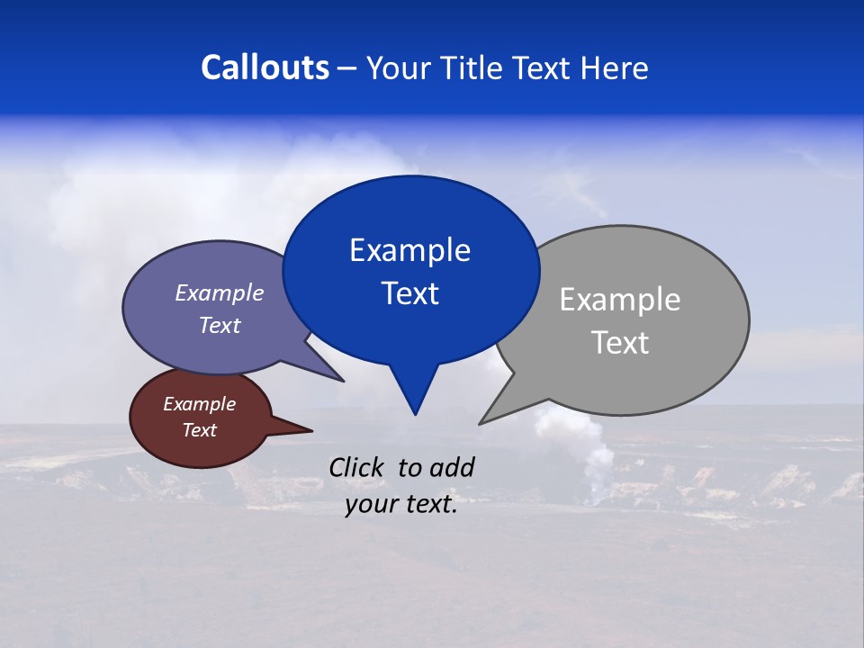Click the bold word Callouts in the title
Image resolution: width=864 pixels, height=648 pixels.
pyautogui.click(x=265, y=67)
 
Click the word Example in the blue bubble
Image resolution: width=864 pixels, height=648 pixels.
pyautogui.click(x=409, y=250)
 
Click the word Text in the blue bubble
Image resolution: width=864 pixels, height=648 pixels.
pyautogui.click(x=409, y=293)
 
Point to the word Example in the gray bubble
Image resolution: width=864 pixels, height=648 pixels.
pyautogui.click(x=620, y=300)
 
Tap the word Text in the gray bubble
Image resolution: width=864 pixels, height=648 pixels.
pyautogui.click(x=620, y=343)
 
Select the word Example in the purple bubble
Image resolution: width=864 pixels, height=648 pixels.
pyautogui.click(x=220, y=292)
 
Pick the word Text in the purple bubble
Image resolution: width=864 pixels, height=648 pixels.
pyautogui.click(x=220, y=325)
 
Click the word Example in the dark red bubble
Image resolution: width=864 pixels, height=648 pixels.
pyautogui.click(x=199, y=404)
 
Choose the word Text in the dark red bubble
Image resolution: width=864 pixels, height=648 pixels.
pyautogui.click(x=199, y=430)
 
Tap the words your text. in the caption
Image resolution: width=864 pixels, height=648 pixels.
pyautogui.click(x=401, y=504)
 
